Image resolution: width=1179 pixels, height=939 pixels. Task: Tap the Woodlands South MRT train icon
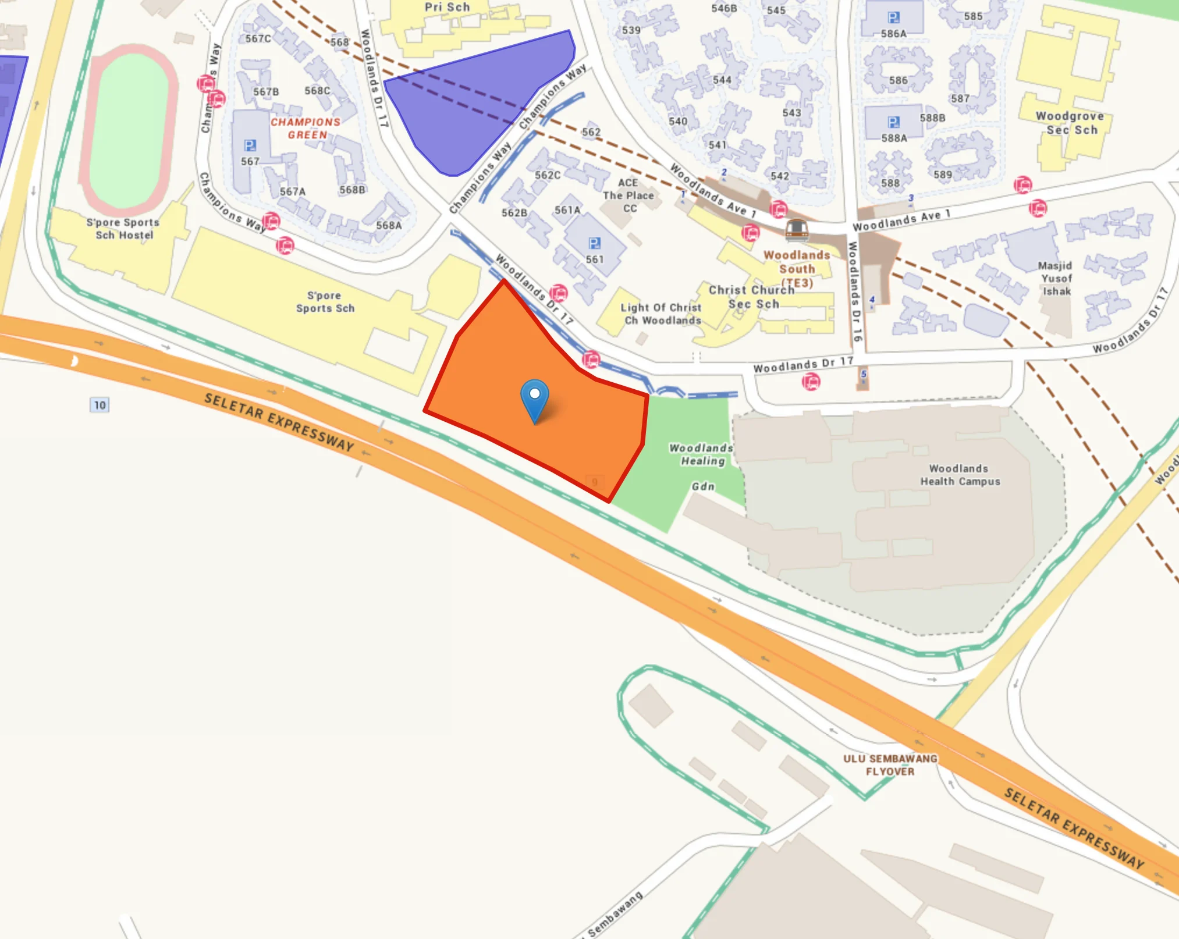tap(796, 229)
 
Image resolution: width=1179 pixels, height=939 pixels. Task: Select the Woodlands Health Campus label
tap(960, 475)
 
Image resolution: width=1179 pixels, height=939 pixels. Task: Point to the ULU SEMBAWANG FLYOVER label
tap(890, 764)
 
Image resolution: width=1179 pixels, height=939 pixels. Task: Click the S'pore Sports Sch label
tap(325, 301)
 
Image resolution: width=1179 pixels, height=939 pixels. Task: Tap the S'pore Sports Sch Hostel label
tap(123, 228)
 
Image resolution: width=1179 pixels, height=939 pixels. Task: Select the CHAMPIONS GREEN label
tap(306, 128)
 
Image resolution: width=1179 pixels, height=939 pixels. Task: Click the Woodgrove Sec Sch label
tap(1070, 123)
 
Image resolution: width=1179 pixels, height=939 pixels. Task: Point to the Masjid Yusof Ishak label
tap(1056, 278)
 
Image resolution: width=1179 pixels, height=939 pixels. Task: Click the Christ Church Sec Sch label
tap(751, 297)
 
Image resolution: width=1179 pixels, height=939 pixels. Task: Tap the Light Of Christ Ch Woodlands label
tap(661, 314)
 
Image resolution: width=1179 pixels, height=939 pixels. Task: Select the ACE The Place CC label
tap(628, 195)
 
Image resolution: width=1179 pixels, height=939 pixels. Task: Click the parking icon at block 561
tap(594, 243)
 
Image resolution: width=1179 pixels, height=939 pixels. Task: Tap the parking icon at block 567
tap(250, 145)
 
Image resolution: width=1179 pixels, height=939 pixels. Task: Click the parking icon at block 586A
tap(893, 17)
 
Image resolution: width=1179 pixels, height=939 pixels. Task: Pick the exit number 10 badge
tap(100, 405)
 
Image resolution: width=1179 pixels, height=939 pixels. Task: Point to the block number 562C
tap(548, 175)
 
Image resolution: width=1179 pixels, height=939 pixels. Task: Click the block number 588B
tap(932, 118)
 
